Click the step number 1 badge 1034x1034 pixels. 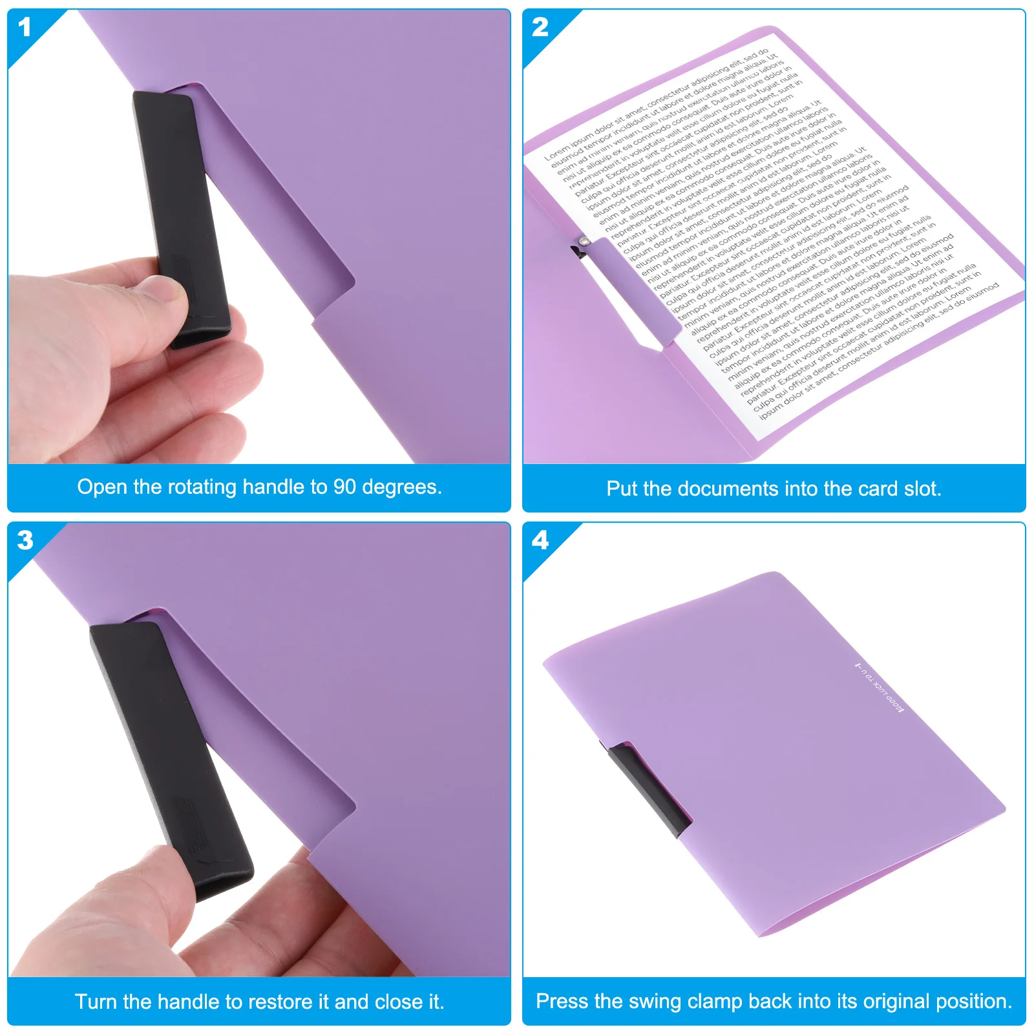pos(25,27)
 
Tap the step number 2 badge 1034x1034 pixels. pos(540,27)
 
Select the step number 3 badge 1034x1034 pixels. pos(25,540)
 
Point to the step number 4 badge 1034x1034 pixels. pos(540,540)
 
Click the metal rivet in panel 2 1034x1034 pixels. pos(584,241)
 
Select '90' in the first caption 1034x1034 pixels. pos(344,487)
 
